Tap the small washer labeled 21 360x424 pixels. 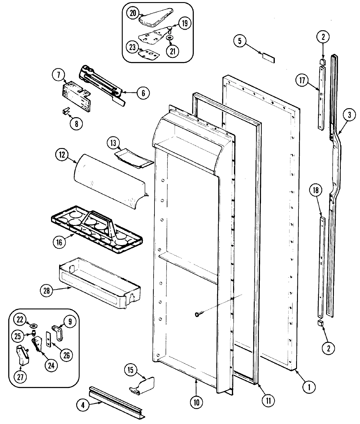point(169,38)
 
